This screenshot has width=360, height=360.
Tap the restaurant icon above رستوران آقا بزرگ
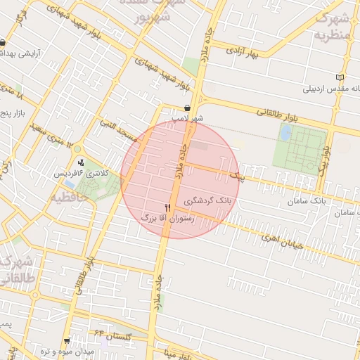pos(167,207)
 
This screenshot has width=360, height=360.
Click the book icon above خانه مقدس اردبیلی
pos(341,77)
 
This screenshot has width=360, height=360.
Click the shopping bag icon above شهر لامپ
pos(187,108)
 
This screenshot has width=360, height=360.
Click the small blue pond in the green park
pos(286,132)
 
